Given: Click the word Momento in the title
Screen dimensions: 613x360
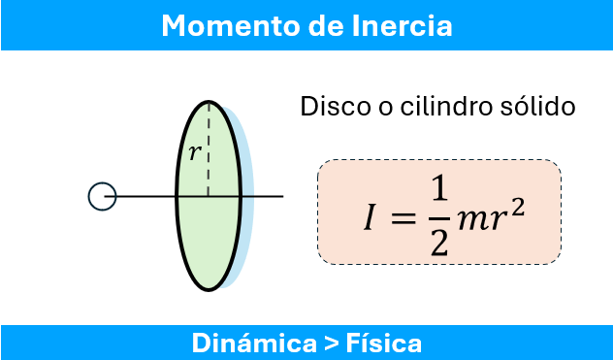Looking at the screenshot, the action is click(210, 25).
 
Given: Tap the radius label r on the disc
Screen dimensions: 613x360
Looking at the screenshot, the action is click(195, 152).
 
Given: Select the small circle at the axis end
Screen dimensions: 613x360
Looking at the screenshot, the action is click(102, 197).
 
